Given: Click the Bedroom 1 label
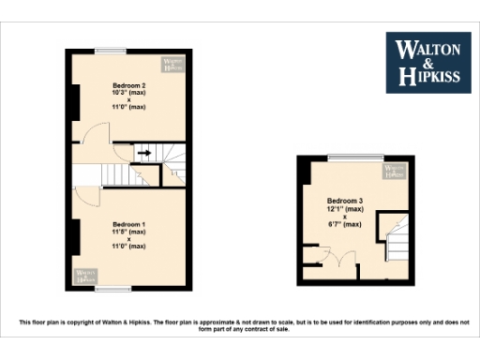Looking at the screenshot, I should coord(129,224).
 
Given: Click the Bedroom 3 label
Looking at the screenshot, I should coord(344,201).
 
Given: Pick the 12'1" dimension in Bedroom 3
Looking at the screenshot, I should coord(344,209).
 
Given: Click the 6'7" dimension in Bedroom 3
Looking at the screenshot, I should coord(344,224).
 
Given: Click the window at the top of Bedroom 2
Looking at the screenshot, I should coord(111,51).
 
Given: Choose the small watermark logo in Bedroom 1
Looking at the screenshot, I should coord(86,275).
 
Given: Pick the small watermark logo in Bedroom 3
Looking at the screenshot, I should coord(396,171).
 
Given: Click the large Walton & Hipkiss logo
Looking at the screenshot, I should coord(428,62).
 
